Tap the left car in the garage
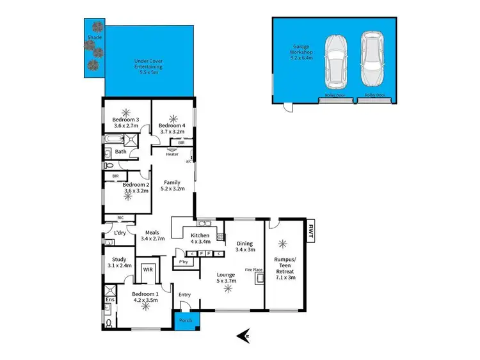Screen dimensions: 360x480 [x=335, y=61]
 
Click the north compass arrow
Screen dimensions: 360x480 [x=243, y=334]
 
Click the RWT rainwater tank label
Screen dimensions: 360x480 [x=312, y=228]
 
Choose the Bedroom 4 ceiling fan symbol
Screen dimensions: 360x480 [x=172, y=117]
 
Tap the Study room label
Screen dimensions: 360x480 [x=118, y=262]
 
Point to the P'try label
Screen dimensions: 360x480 [x=183, y=262]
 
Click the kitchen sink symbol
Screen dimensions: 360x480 [x=204, y=223]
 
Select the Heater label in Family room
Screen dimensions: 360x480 [x=172, y=154]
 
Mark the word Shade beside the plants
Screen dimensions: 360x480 [x=94, y=38]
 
